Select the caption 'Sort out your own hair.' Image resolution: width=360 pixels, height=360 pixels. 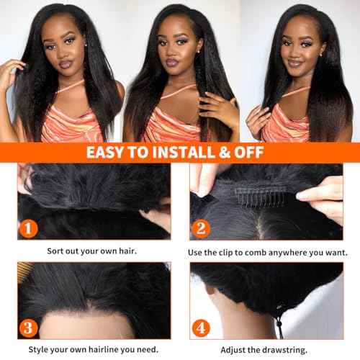(94, 252)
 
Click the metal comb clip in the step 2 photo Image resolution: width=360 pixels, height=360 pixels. (248, 192)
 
